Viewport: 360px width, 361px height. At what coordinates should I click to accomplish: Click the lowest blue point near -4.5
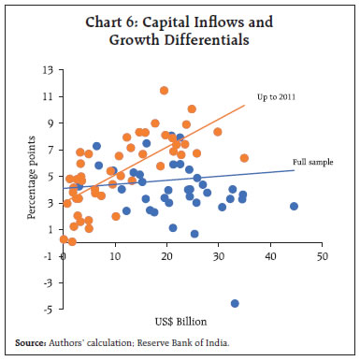click(235, 303)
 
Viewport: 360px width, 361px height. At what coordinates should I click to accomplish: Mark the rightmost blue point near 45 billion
click(294, 206)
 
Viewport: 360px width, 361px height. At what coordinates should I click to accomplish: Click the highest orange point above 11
click(164, 91)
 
